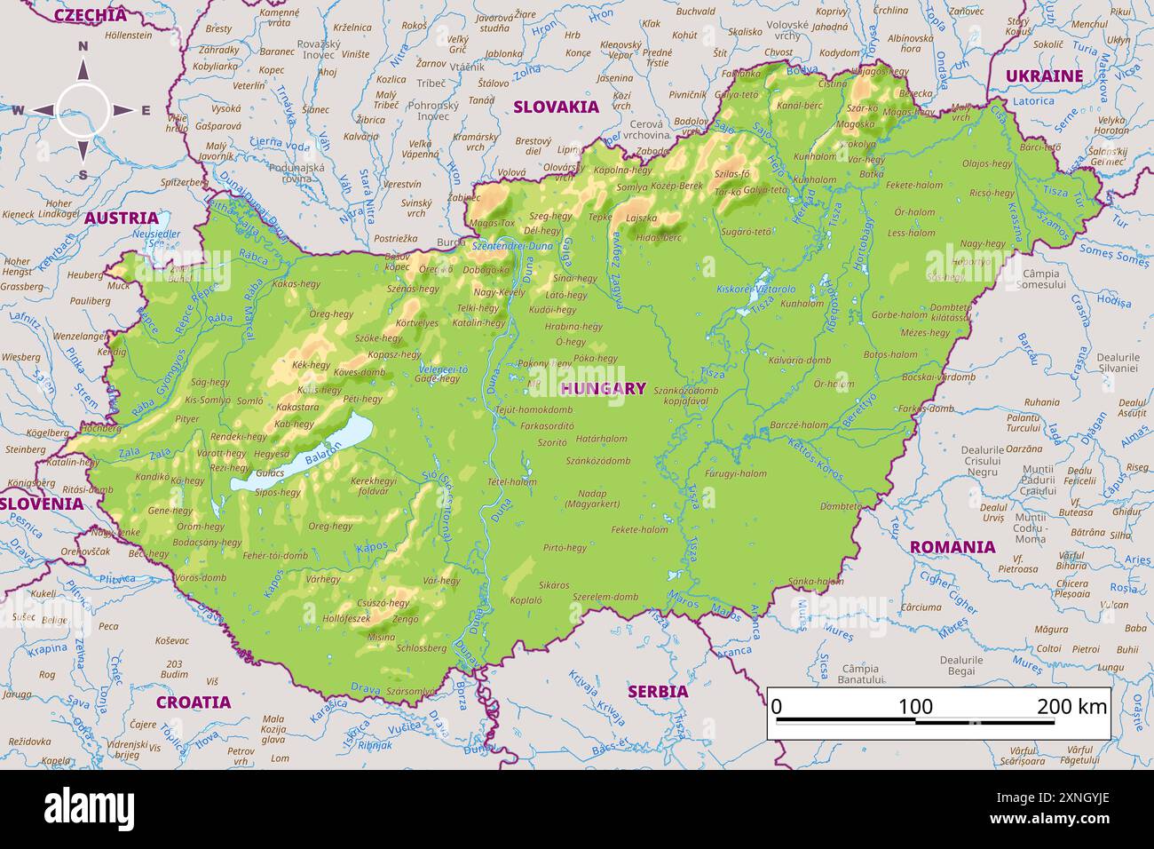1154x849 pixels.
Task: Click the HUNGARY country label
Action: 604,388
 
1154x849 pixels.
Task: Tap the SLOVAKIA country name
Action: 557,107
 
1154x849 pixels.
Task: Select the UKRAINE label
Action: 1044,76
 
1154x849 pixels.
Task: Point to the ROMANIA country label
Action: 952,547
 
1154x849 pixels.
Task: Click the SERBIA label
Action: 658,691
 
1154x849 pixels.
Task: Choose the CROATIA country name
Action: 194,702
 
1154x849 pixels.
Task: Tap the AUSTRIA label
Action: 122,218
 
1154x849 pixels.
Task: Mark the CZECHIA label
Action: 90,15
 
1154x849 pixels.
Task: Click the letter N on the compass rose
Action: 83,47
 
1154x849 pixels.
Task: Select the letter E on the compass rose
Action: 146,111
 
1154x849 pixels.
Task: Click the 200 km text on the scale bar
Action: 1071,707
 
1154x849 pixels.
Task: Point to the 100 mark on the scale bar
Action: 915,707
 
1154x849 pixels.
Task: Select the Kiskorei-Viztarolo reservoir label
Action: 756,289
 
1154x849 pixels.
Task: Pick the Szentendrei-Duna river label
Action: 512,245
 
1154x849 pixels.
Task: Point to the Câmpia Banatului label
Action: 860,674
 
